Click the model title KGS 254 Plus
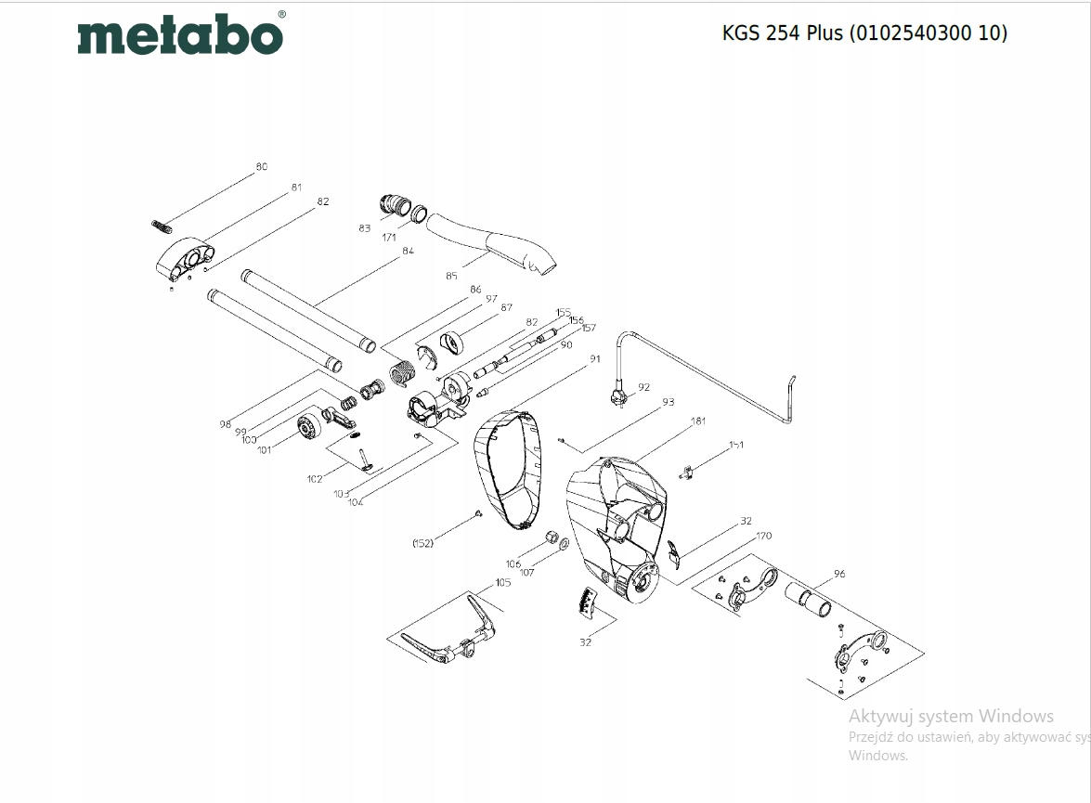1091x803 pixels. pos(864,32)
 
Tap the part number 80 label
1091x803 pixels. pos(262,167)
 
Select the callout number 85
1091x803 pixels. pos(452,275)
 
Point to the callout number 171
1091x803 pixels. pos(389,238)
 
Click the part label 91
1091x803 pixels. pos(595,358)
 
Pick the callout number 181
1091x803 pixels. pos(698,421)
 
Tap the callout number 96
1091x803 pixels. pos(839,574)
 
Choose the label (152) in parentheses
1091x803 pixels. pos(422,542)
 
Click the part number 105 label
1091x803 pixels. pos(502,583)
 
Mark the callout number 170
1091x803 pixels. pos(763,536)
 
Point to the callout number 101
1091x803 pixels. pos(265,450)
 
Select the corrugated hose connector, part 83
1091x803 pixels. pos(396,204)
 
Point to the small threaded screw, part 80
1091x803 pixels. pos(162,225)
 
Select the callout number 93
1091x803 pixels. pos(668,402)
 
